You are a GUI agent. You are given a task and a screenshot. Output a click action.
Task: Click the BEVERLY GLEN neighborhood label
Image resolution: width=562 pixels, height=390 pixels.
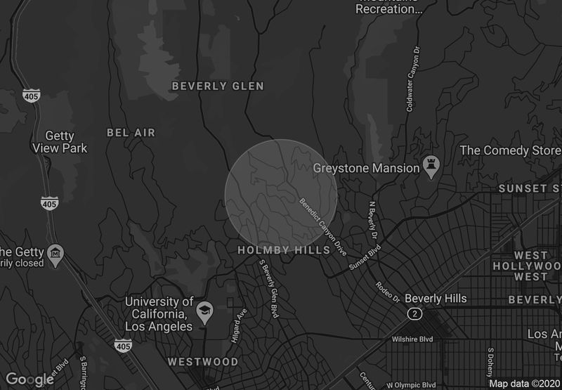(x=218, y=86)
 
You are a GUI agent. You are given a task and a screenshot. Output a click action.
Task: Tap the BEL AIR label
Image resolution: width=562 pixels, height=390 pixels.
(x=131, y=133)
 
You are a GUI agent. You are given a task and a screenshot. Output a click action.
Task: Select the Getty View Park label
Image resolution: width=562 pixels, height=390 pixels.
(x=60, y=142)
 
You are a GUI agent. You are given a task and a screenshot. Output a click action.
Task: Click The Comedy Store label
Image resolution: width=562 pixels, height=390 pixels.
(x=510, y=150)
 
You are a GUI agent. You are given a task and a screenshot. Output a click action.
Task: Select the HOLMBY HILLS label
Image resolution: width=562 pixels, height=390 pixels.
(x=284, y=251)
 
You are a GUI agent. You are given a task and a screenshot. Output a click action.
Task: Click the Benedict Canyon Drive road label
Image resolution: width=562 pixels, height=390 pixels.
(x=324, y=226)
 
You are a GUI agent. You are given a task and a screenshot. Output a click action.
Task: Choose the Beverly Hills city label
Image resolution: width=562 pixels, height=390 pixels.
(x=436, y=299)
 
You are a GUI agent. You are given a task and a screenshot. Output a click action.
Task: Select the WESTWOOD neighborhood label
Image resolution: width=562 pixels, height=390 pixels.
(x=203, y=363)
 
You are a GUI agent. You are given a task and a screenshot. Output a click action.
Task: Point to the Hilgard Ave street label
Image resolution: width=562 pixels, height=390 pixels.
(x=238, y=325)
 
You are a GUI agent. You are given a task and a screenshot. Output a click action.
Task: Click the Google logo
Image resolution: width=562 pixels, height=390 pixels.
(x=30, y=380)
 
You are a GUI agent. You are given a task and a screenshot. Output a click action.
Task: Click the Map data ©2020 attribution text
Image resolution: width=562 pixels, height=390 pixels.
(x=525, y=384)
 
